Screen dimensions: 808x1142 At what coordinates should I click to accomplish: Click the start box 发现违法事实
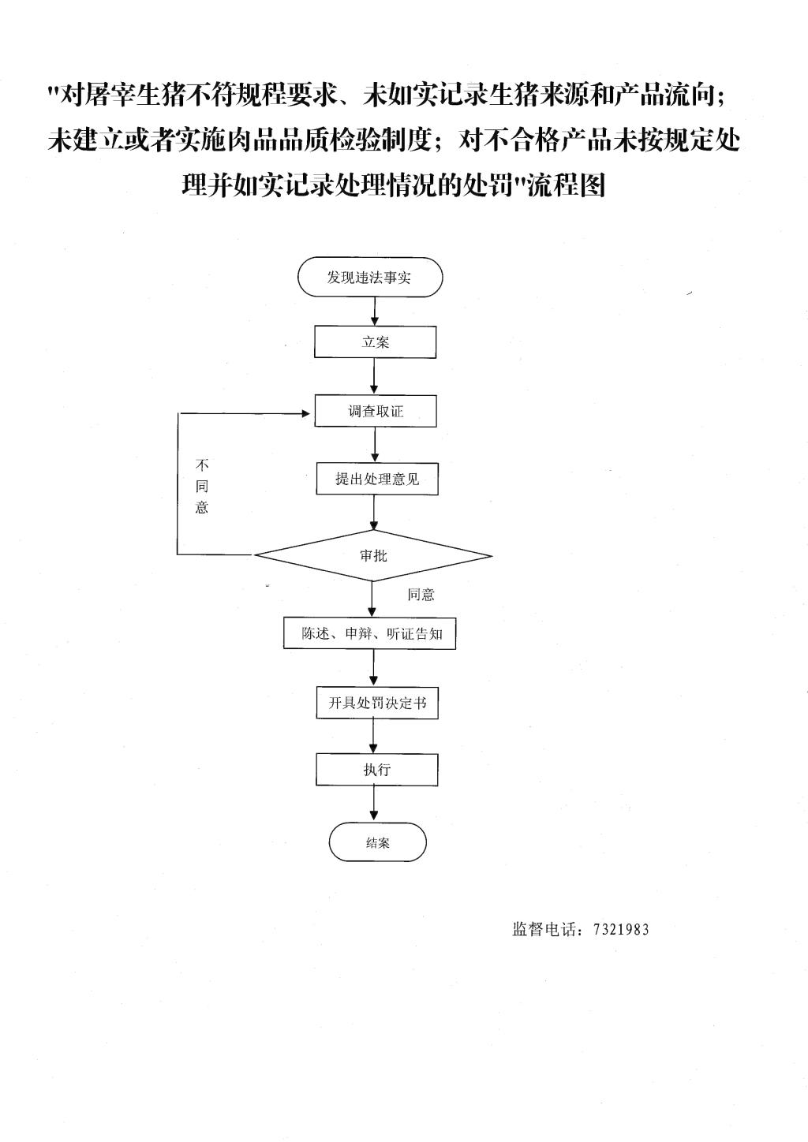tap(370, 277)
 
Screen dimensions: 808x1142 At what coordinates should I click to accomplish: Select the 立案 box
tap(375, 341)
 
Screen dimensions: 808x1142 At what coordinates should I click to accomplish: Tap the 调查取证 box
tap(376, 411)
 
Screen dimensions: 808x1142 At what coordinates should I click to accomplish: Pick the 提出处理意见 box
tap(377, 479)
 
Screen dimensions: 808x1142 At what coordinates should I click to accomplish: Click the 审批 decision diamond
tap(373, 555)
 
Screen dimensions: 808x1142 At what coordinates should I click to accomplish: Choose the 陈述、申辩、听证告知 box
tap(369, 634)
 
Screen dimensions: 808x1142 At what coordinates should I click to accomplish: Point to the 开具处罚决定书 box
tap(377, 703)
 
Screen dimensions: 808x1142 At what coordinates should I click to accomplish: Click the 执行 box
tap(377, 769)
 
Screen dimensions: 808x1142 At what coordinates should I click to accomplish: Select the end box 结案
tap(377, 842)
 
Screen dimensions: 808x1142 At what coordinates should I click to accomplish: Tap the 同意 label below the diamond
tap(421, 595)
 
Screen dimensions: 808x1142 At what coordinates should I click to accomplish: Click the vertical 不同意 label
tap(202, 486)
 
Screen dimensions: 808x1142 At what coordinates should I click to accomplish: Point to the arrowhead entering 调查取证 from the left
tap(306, 413)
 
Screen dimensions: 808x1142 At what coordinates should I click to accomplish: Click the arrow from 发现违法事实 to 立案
tap(375, 312)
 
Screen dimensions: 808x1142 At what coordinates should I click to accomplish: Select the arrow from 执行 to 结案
tap(375, 804)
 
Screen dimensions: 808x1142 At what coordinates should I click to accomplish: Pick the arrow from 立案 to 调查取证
tap(375, 376)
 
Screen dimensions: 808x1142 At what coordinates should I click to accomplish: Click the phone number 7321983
tap(621, 929)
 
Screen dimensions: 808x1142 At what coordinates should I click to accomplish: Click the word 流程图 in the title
tap(567, 185)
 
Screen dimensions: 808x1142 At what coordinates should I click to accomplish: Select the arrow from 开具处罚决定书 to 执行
tap(374, 736)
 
